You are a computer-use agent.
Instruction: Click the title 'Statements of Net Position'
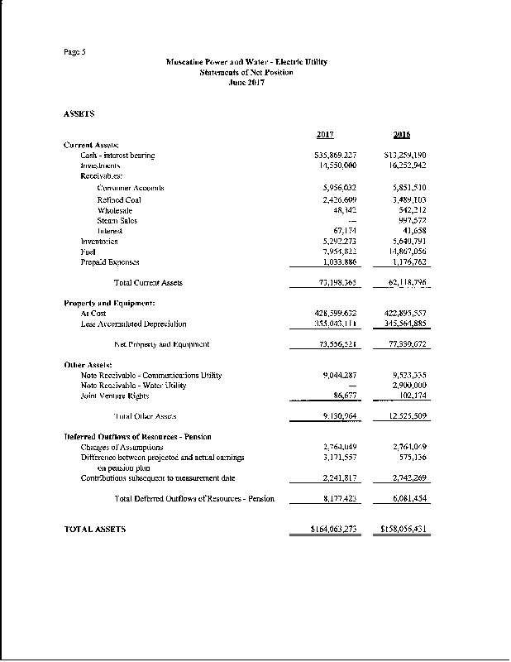246,73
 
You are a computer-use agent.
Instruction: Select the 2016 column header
402,135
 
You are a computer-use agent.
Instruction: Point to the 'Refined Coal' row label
120,199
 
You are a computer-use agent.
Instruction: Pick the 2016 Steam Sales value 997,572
410,220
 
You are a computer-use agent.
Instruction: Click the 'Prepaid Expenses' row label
110,262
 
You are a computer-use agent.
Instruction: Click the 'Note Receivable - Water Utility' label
134,386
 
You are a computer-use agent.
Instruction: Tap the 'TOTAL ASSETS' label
95,529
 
